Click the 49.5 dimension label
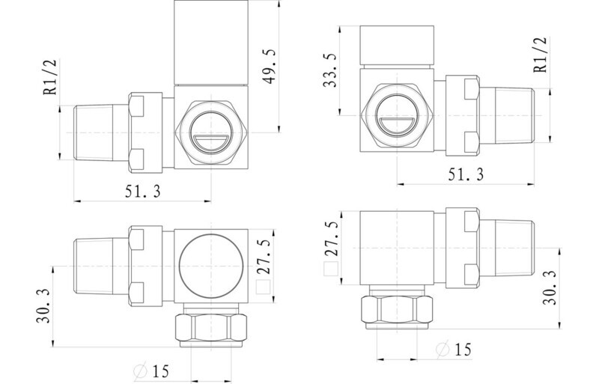point(270,67)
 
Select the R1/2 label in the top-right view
point(540,55)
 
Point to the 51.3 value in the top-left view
point(143,191)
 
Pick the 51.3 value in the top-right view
point(466,174)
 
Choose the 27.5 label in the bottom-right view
point(331,239)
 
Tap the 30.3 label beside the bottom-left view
point(43,305)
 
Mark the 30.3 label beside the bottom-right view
point(550,287)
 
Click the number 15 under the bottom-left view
point(160,371)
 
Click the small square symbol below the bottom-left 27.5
point(264,287)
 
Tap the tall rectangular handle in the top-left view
point(211,42)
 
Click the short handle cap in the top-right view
point(397,45)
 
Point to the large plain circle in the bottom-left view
point(211,266)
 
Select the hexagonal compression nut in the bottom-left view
point(211,327)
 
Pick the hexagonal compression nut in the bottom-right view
point(398,309)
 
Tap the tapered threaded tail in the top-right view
point(506,115)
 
